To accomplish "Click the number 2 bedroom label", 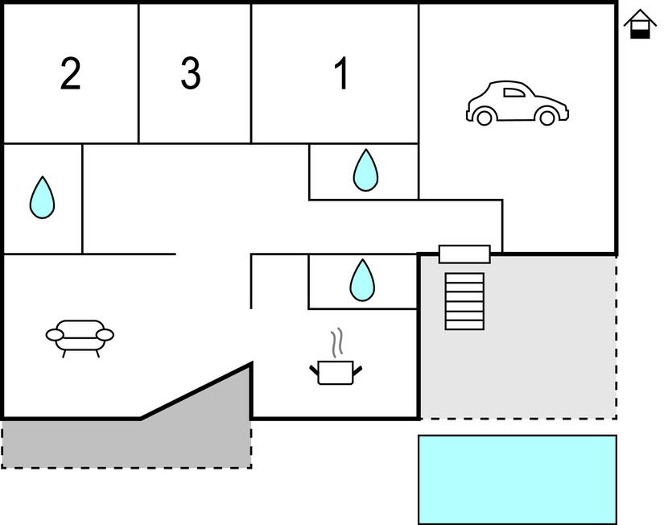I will [x=71, y=74].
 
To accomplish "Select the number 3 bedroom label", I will [x=190, y=74].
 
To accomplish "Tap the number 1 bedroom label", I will [x=341, y=74].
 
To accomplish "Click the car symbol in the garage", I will [x=518, y=103].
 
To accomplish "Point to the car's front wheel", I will [x=547, y=118].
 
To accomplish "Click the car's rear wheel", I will [x=484, y=118].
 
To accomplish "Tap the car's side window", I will [x=513, y=93].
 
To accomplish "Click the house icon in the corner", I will [x=640, y=24].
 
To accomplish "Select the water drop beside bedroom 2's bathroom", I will [x=42, y=197].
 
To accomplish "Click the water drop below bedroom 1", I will [x=365, y=170].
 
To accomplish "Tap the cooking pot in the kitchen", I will [x=336, y=372].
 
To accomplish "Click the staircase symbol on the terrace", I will [x=464, y=301].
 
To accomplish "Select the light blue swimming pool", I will [x=517, y=479].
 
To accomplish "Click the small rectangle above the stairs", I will [x=464, y=254].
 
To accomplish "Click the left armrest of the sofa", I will [x=55, y=334].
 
